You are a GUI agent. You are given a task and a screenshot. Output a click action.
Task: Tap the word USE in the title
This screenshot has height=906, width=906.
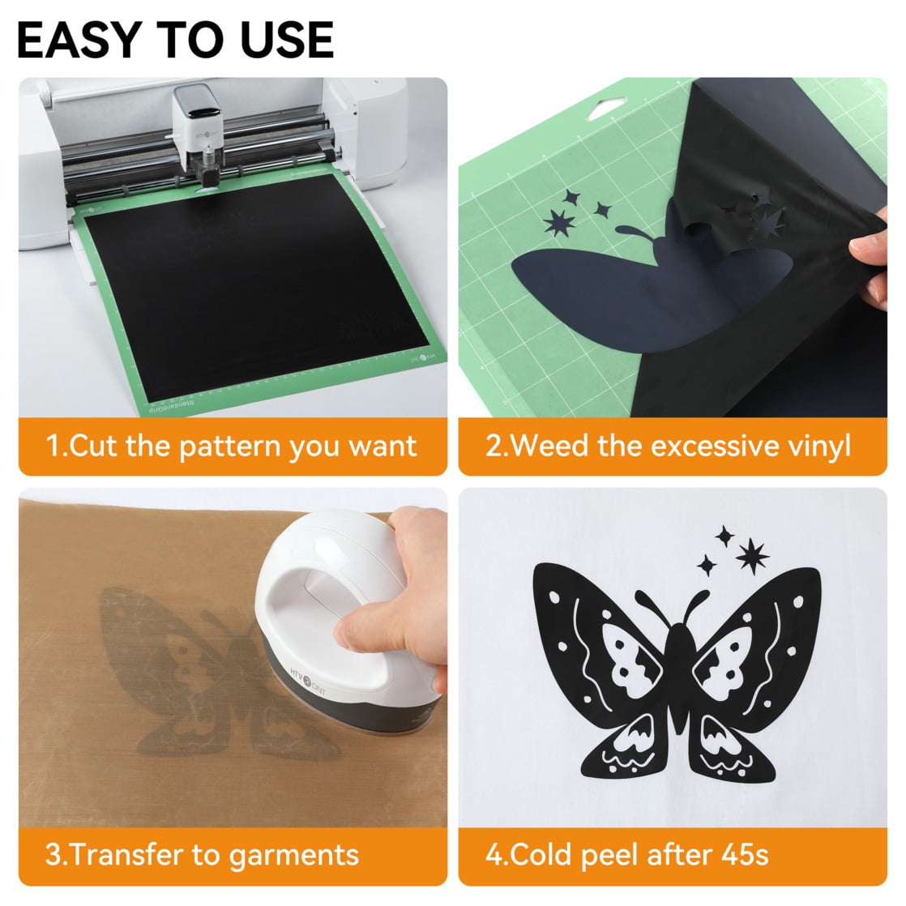[287, 40]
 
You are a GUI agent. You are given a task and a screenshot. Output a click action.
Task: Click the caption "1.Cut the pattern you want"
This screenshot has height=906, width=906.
[231, 447]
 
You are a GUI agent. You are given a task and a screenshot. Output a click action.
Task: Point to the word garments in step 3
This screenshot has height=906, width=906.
[293, 856]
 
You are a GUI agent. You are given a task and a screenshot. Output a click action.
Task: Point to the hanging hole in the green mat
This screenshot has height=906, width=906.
[605, 107]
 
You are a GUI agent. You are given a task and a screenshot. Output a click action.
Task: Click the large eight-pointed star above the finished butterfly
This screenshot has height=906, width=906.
[752, 557]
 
